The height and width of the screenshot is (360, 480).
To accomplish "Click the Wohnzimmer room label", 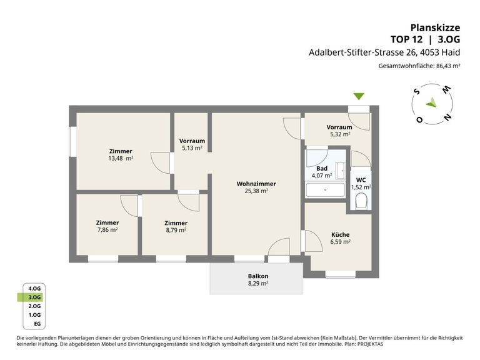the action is (x=256, y=184).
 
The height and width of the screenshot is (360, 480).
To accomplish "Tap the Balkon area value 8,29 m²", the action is (x=258, y=283).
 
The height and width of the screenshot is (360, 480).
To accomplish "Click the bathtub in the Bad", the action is (x=325, y=190).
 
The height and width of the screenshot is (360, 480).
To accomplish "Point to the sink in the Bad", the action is (x=341, y=171).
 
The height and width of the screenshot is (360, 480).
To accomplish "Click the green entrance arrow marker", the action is (x=359, y=96).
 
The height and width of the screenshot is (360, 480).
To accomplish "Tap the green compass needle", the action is (x=431, y=102).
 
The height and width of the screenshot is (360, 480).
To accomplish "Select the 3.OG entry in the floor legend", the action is (x=34, y=297).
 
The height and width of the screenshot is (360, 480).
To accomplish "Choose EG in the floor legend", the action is (x=37, y=324).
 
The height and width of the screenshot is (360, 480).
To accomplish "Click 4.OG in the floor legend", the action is (x=34, y=288).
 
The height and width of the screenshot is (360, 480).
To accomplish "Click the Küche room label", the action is (x=340, y=234).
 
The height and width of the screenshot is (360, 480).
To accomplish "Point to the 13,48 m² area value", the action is (x=121, y=158).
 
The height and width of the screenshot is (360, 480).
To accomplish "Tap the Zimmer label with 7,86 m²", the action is (x=107, y=222).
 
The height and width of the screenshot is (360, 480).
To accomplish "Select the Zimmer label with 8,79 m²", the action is (x=176, y=223).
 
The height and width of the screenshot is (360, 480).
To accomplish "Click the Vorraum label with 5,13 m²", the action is (x=192, y=141).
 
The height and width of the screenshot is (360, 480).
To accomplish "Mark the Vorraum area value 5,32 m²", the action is (x=340, y=134).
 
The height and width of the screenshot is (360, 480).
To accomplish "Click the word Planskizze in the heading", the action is (x=435, y=27).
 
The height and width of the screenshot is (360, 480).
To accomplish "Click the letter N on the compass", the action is (x=447, y=117).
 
